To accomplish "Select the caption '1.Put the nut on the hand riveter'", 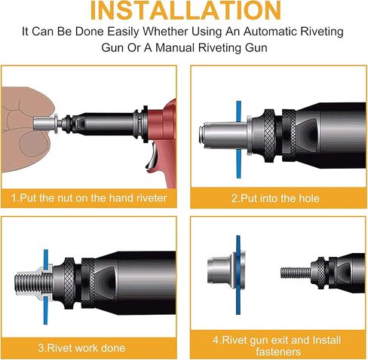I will pyautogui.click(x=90, y=197).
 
